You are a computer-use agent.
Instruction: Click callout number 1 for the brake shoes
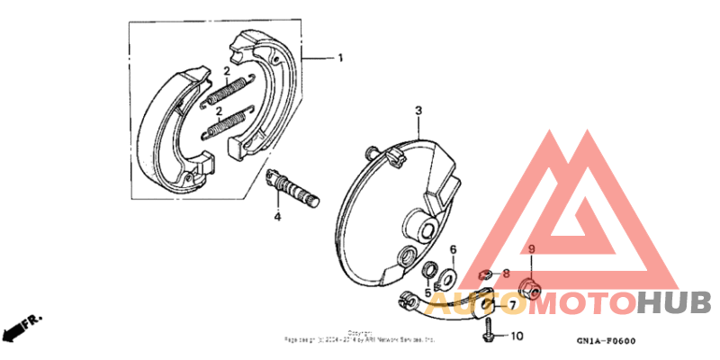click(340, 58)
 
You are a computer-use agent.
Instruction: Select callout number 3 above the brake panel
click(418, 110)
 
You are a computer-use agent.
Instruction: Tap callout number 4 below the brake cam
click(278, 217)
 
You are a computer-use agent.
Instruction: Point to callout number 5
click(427, 292)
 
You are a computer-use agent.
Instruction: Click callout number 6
click(453, 249)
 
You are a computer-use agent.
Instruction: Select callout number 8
click(506, 273)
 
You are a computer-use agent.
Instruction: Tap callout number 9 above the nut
click(532, 249)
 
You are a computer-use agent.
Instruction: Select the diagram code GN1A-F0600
click(607, 341)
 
